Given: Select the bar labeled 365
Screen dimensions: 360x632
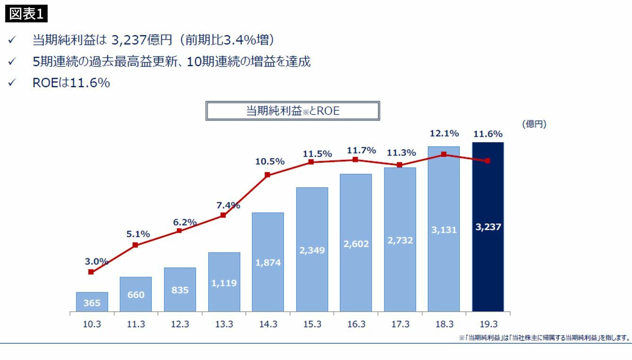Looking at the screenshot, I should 92,302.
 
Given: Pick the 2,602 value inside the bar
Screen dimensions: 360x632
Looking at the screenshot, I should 356,244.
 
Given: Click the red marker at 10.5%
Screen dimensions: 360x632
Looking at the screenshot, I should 267,175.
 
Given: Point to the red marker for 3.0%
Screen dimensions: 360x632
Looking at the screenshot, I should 91,272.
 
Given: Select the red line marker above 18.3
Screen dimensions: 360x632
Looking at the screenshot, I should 444,154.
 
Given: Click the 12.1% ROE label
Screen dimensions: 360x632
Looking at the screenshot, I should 444,134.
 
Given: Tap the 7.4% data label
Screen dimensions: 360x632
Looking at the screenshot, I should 228,205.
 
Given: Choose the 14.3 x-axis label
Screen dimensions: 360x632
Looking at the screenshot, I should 268,325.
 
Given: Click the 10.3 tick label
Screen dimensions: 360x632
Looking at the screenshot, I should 92,325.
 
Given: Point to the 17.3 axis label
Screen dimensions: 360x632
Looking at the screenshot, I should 400,325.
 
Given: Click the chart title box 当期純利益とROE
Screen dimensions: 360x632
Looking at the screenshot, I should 292,111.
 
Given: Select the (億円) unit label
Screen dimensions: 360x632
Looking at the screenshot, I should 534,124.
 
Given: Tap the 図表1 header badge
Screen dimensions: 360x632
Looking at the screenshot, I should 27,14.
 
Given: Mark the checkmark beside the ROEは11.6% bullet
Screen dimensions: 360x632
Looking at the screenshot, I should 11,83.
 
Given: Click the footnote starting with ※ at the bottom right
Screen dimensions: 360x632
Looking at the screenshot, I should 544,337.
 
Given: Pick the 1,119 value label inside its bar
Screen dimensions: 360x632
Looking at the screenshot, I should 224,283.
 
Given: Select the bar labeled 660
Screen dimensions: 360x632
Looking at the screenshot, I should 136,294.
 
